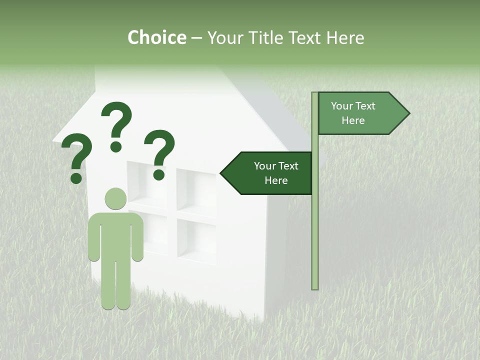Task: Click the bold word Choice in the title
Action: [x=156, y=37]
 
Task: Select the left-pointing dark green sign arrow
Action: [x=270, y=173]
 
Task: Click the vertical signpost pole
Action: [x=315, y=225]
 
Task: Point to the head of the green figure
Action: [x=115, y=198]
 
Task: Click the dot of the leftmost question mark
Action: [x=76, y=178]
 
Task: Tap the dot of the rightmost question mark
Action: [x=159, y=174]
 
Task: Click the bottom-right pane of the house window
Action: [x=196, y=240]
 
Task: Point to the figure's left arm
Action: [x=94, y=237]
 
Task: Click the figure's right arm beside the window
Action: [x=137, y=237]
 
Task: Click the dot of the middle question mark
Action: [x=116, y=146]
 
